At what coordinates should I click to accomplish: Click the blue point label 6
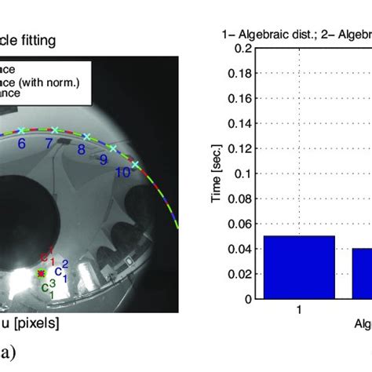pyautogui.click(x=21, y=143)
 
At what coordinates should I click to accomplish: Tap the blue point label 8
pyautogui.click(x=81, y=148)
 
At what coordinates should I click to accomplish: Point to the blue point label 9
pyautogui.click(x=103, y=159)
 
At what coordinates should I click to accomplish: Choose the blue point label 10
pyautogui.click(x=122, y=172)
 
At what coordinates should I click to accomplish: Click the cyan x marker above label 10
pyautogui.click(x=134, y=164)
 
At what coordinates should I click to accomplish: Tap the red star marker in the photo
pyautogui.click(x=42, y=273)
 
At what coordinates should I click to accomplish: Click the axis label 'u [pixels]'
pyautogui.click(x=31, y=323)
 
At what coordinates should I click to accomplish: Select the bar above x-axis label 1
pyautogui.click(x=299, y=267)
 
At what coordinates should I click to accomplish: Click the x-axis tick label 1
pyautogui.click(x=299, y=310)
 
